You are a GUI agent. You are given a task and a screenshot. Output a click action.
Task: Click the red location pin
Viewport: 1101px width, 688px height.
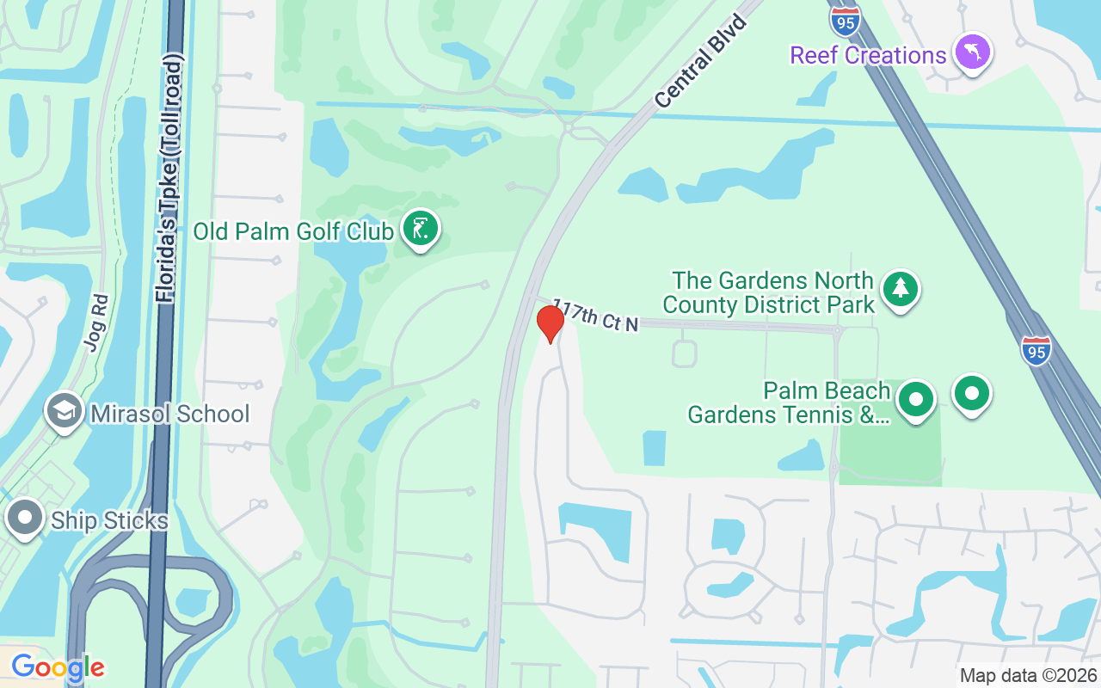click(x=550, y=323)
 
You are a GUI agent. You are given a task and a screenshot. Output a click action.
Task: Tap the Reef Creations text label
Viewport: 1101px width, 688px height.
click(x=868, y=56)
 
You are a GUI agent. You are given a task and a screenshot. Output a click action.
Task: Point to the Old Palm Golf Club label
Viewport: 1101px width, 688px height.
click(x=293, y=231)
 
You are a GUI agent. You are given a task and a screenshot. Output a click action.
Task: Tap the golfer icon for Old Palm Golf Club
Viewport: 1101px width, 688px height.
click(x=420, y=230)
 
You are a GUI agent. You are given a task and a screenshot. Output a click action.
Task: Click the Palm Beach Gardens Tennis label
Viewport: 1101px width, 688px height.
click(x=789, y=402)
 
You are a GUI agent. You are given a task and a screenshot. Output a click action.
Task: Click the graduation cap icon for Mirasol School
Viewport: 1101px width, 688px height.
click(x=64, y=411)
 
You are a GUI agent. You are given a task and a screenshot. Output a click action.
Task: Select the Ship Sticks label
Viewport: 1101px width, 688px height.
click(x=109, y=521)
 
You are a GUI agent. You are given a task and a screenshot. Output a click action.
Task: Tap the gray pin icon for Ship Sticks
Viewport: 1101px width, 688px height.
click(x=25, y=519)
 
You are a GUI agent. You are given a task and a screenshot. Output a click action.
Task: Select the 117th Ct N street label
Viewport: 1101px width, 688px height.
click(x=595, y=315)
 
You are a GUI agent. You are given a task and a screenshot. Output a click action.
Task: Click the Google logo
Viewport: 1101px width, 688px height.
click(x=58, y=666)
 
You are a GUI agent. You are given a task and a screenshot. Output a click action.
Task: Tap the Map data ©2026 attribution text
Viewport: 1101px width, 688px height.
click(x=1029, y=675)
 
